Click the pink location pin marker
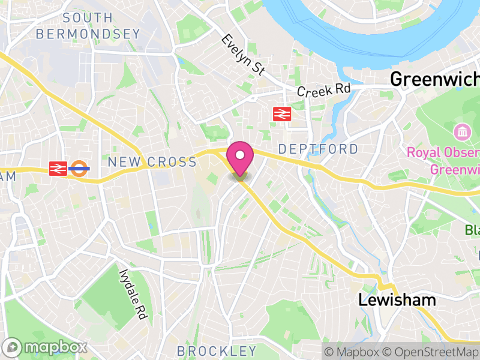(x=240, y=157)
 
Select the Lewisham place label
(x=397, y=301)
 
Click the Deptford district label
(x=318, y=149)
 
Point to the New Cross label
(x=152, y=162)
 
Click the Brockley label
(x=217, y=350)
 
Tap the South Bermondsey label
(x=88, y=26)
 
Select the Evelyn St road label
(x=243, y=55)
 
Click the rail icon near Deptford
(x=281, y=114)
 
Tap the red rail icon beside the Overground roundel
(x=58, y=169)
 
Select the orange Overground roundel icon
(x=79, y=169)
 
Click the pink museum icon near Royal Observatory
(x=462, y=131)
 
